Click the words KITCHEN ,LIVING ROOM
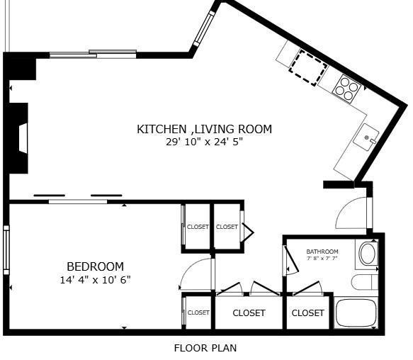[204, 129]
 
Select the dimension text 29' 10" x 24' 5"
[204, 142]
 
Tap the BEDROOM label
[95, 266]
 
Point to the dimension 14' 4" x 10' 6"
[95, 280]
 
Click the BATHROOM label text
[322, 252]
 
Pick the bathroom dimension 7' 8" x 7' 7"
[322, 259]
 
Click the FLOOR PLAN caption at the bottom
[205, 348]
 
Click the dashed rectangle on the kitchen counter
[308, 67]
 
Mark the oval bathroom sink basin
[368, 254]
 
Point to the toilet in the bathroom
[365, 282]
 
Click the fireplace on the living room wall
[19, 138]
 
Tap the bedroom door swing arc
[196, 274]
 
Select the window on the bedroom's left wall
[6, 249]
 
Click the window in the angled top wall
[204, 26]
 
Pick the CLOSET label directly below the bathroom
[307, 313]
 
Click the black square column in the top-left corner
[21, 67]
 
